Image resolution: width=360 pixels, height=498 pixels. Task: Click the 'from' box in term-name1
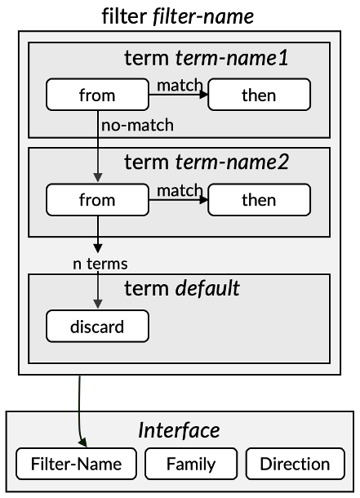(97, 95)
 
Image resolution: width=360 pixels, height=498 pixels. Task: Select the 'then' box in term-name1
(259, 95)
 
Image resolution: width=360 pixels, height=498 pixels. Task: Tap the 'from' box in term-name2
(97, 200)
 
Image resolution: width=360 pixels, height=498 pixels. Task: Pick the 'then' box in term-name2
(259, 200)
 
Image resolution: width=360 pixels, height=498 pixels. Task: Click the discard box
(97, 327)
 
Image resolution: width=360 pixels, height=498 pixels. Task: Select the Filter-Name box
(76, 465)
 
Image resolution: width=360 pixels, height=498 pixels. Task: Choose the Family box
(191, 465)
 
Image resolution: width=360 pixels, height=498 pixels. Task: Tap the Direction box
(295, 465)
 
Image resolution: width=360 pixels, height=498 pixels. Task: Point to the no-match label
(137, 126)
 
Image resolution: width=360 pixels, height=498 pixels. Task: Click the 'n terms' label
(100, 263)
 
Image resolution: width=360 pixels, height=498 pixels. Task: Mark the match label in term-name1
(180, 84)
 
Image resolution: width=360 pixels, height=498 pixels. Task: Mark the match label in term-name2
(180, 189)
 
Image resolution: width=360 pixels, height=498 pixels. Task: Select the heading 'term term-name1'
(206, 58)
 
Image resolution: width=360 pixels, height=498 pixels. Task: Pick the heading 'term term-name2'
(206, 162)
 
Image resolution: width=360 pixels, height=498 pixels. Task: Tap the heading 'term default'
(181, 288)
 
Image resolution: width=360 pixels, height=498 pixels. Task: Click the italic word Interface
(179, 429)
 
